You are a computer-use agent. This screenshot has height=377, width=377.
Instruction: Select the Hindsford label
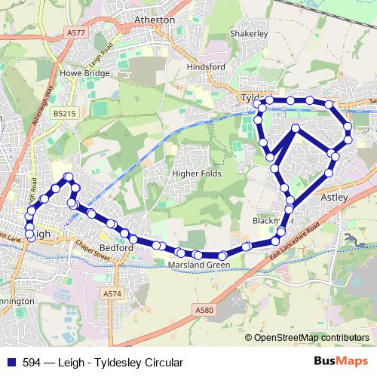click(206, 66)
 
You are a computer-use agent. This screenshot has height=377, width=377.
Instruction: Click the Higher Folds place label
click(195, 154)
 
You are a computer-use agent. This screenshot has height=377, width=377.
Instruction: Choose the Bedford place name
click(117, 247)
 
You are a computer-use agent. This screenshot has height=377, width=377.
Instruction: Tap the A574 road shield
click(112, 293)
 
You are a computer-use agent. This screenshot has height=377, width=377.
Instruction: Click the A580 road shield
click(205, 309)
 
